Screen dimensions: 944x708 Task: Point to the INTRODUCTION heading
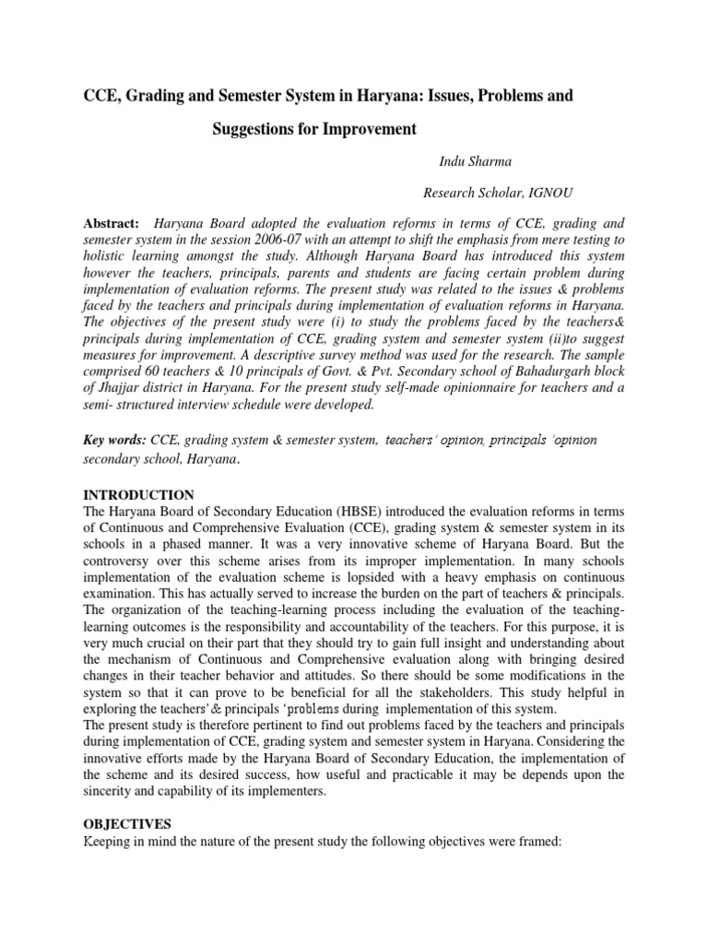(138, 495)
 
